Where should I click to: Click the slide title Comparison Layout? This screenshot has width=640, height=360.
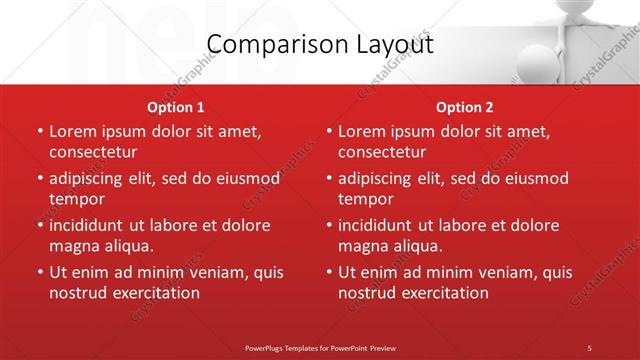click(320, 45)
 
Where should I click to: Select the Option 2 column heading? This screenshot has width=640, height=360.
click(464, 107)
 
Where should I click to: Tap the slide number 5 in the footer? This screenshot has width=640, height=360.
click(589, 347)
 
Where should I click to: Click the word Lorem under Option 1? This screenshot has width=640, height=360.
click(72, 131)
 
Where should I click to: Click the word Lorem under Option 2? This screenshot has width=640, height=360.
click(361, 131)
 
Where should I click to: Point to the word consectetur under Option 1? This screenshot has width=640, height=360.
click(93, 152)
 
